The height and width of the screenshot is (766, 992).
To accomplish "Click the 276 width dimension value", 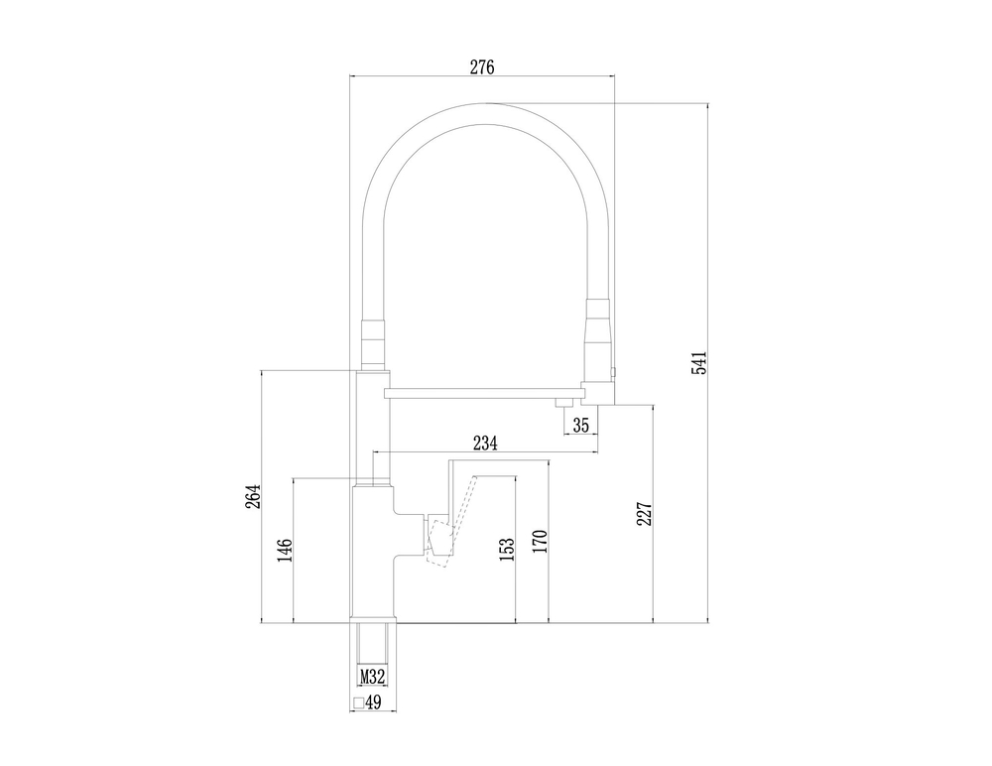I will click(482, 66).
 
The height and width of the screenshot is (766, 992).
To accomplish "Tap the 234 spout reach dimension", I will click(485, 444).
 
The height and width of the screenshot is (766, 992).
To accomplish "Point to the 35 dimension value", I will click(581, 425).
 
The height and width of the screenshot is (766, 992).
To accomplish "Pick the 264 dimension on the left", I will click(252, 497).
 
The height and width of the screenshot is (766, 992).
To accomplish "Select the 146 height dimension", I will click(285, 551).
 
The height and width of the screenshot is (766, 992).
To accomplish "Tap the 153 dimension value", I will click(507, 551).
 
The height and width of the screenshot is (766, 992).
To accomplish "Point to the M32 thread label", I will click(372, 677).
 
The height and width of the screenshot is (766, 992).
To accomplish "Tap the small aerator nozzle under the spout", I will click(562, 401).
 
